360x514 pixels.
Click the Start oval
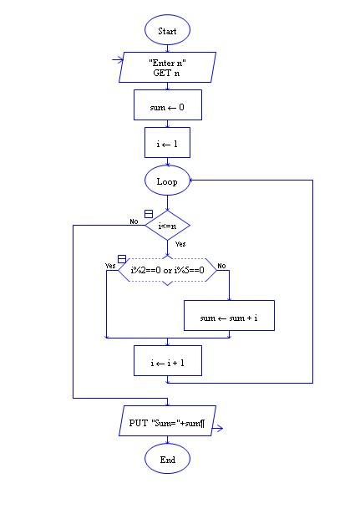pyautogui.click(x=167, y=31)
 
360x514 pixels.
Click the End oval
pyautogui.click(x=167, y=459)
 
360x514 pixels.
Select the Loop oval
pyautogui.click(x=167, y=181)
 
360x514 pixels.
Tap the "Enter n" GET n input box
pyautogui.click(x=167, y=68)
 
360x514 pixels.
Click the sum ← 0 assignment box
pyautogui.click(x=167, y=106)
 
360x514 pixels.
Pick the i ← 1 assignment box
pyautogui.click(x=167, y=143)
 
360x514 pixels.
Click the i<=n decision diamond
pyautogui.click(x=167, y=225)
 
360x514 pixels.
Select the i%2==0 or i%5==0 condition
pyautogui.click(x=167, y=270)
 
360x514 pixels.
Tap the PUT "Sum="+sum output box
pyautogui.click(x=167, y=424)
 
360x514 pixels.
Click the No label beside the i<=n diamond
pyautogui.click(x=134, y=221)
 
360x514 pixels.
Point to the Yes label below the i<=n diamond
pyautogui.click(x=180, y=244)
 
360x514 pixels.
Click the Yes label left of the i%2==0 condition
pyautogui.click(x=109, y=265)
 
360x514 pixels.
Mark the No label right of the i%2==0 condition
pyautogui.click(x=221, y=265)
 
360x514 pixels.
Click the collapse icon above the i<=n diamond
pyautogui.click(x=149, y=214)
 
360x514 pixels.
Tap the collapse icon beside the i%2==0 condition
pyautogui.click(x=122, y=259)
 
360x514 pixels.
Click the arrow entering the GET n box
pyautogui.click(x=118, y=60)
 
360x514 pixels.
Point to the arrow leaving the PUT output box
pyautogui.click(x=218, y=430)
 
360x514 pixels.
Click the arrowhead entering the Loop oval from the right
pyautogui.click(x=195, y=181)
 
